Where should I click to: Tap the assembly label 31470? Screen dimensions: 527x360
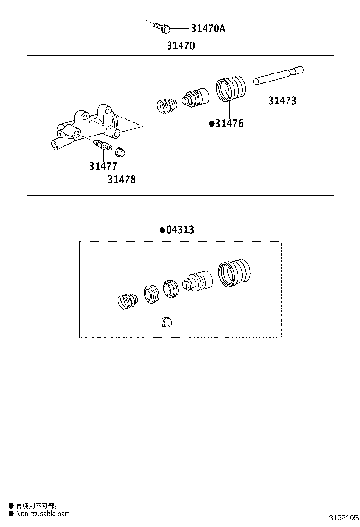(x=180, y=46)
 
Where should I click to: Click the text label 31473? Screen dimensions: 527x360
(x=282, y=100)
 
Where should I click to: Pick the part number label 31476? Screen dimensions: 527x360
(x=229, y=124)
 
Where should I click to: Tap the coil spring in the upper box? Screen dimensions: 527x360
(x=166, y=105)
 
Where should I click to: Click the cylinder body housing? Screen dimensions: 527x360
(x=85, y=128)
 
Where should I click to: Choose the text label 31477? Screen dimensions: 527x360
(x=103, y=166)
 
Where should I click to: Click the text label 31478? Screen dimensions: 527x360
(x=121, y=180)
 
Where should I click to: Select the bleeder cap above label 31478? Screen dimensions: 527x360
(x=120, y=152)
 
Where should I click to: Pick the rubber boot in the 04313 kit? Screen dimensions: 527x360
(x=234, y=273)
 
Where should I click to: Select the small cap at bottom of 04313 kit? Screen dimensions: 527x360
(x=167, y=321)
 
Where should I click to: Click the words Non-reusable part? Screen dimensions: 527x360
(x=42, y=513)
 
